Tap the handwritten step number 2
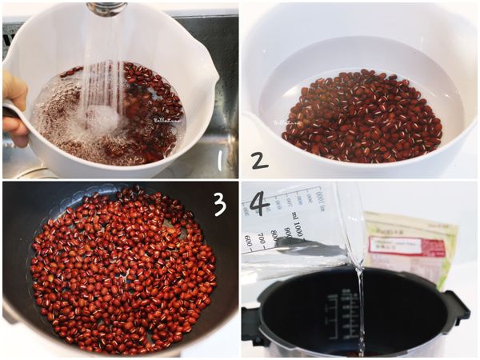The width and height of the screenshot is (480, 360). (258, 160)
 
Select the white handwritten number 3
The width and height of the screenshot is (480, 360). (218, 204)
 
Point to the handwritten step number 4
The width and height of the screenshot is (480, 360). (258, 202)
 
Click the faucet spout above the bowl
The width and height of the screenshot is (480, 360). (106, 8)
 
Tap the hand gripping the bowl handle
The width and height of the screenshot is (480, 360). (14, 108)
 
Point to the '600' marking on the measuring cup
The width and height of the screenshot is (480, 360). (249, 242)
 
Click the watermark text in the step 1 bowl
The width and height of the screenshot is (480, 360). (164, 120)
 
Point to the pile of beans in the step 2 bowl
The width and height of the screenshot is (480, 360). (364, 116)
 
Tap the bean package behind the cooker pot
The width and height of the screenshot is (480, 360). (412, 244)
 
